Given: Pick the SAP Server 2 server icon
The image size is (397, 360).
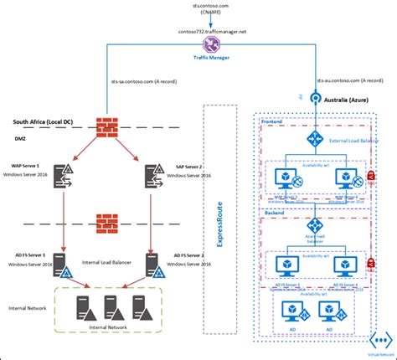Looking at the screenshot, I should [x=154, y=176].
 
